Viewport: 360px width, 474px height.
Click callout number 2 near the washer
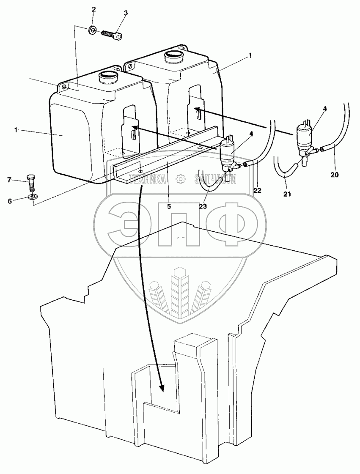pyautogui.click(x=94, y=9)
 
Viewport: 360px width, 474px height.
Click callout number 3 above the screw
pyautogui.click(x=126, y=13)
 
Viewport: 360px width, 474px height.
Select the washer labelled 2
pyautogui.click(x=92, y=30)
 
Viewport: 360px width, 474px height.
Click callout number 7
pyautogui.click(x=9, y=180)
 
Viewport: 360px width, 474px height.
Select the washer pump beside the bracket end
pyautogui.click(x=228, y=152)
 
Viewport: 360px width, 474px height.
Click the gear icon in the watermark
pyautogui.click(x=181, y=179)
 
